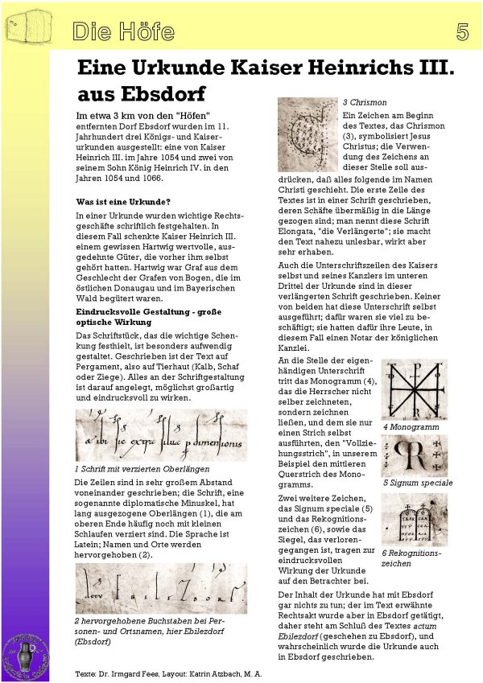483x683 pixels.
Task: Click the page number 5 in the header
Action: point(462,32)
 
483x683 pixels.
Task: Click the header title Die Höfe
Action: point(122,32)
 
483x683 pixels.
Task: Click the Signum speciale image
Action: point(414,456)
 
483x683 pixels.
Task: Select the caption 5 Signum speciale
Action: point(417,483)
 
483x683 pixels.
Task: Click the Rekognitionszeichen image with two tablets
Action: point(414,520)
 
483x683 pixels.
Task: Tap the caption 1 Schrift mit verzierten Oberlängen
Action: point(142,467)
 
